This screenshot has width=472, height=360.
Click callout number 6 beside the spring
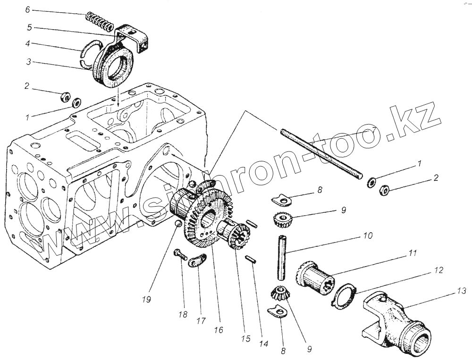click(27, 9)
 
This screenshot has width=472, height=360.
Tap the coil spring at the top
click(99, 21)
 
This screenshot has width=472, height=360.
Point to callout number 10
click(368, 234)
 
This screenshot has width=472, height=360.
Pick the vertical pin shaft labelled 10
click(283, 257)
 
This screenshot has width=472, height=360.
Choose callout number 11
click(413, 253)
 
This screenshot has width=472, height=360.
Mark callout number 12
click(439, 270)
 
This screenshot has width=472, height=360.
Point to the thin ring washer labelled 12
click(345, 296)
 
